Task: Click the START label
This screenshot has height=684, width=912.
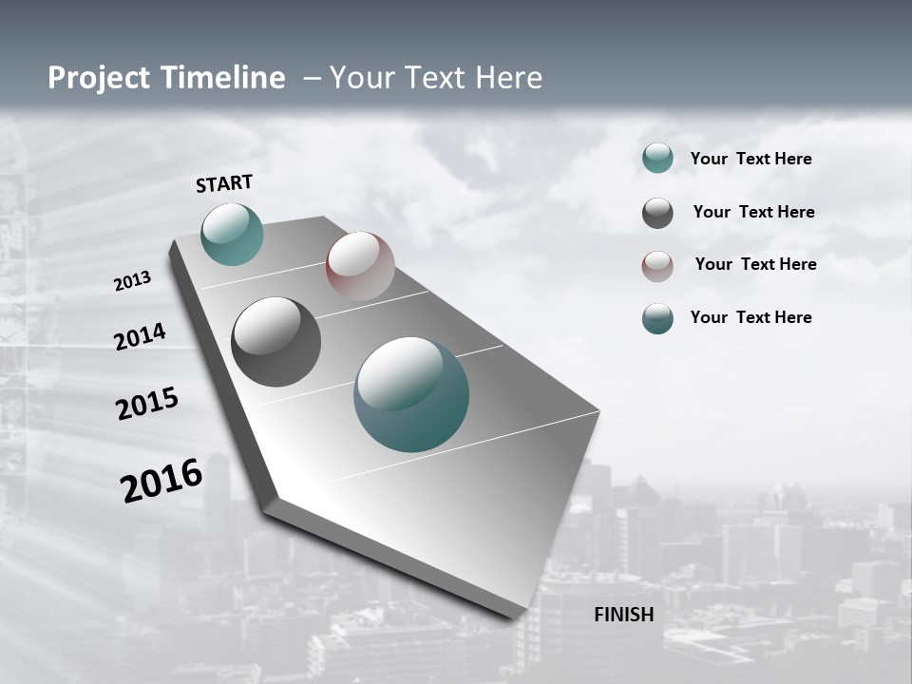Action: coord(224,183)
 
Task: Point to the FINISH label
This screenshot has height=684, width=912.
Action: coord(624,615)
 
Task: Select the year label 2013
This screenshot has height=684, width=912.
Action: coord(133,281)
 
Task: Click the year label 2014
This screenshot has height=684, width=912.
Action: coord(141,337)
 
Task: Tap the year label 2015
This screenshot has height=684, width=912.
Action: coord(147,405)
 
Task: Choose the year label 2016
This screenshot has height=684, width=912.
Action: coord(161,481)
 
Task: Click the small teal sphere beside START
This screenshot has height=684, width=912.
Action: coord(232,234)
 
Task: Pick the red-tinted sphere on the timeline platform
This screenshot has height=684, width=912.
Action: coord(360,265)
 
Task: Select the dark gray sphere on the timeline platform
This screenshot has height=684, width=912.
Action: coord(275,342)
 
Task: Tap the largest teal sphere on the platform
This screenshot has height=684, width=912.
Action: coord(411,394)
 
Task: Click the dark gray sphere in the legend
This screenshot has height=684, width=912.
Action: coord(657,213)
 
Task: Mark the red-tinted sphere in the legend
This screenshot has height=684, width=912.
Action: coord(657,266)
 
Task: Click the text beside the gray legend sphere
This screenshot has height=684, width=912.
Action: coord(754,212)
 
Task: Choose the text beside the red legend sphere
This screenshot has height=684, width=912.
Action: coord(756,264)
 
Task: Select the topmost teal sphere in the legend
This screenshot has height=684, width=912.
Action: coord(657,158)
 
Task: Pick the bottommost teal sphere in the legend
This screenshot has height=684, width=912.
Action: coord(657,318)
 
